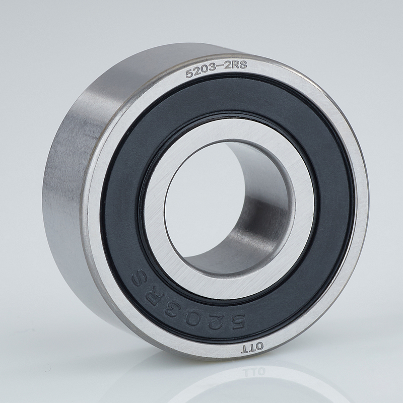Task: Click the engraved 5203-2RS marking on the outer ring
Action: [216, 69]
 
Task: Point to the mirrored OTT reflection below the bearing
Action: [253, 372]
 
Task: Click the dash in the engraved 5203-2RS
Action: [219, 68]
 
